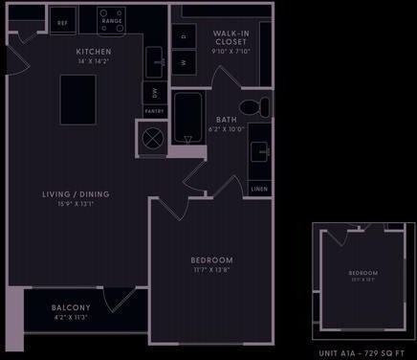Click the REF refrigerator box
click(62, 21)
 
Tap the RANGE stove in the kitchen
click(110, 19)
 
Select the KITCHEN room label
click(94, 51)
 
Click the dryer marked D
click(184, 37)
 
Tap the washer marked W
click(184, 62)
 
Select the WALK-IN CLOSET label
click(230, 36)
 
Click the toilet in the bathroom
click(251, 105)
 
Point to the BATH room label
click(226, 120)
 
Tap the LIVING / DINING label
click(76, 194)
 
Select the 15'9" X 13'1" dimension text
click(76, 204)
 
